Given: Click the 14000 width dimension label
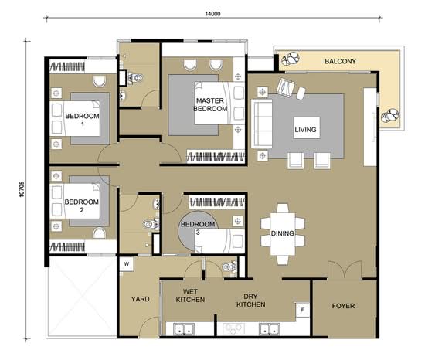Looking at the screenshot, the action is click(212, 14).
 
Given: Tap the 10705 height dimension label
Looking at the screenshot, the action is click(22, 189).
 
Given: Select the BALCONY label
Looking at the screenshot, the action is click(340, 61).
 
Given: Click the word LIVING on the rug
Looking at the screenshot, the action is click(305, 130).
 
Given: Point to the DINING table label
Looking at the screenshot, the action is click(282, 233).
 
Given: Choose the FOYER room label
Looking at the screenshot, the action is click(343, 306).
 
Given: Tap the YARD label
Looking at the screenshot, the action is click(140, 299).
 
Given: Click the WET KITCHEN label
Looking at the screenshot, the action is click(190, 296).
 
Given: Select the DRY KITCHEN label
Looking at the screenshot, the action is click(250, 301).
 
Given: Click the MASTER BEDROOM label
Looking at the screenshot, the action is click(210, 104).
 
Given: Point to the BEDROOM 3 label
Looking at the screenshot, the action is click(198, 228).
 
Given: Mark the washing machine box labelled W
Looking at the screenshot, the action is click(127, 264).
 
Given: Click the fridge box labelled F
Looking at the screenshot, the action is click(303, 309).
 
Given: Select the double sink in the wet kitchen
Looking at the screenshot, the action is click(184, 329).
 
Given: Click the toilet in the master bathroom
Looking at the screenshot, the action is click(134, 78).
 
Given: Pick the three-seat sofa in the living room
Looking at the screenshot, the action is click(262, 124).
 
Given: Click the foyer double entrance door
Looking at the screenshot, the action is click(345, 270).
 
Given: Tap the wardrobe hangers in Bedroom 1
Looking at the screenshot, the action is click(67, 66).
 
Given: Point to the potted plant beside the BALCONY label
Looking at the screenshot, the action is click(291, 59).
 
